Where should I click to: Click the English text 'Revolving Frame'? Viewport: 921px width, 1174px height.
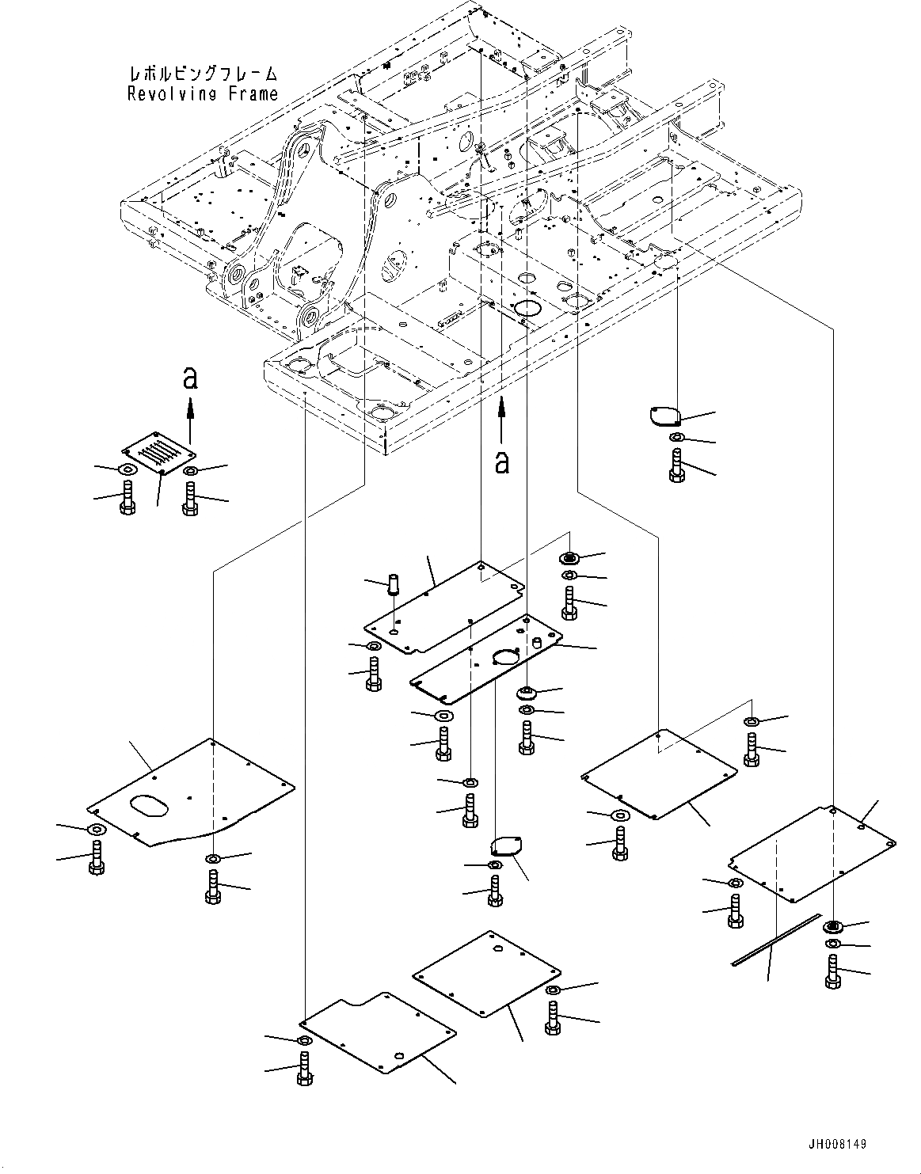(203, 93)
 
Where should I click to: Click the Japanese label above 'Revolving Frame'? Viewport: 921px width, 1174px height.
(203, 74)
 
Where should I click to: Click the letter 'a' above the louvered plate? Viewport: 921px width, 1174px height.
(189, 379)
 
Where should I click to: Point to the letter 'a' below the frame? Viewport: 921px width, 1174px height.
(500, 462)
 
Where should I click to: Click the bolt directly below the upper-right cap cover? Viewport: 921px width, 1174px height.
(676, 465)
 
